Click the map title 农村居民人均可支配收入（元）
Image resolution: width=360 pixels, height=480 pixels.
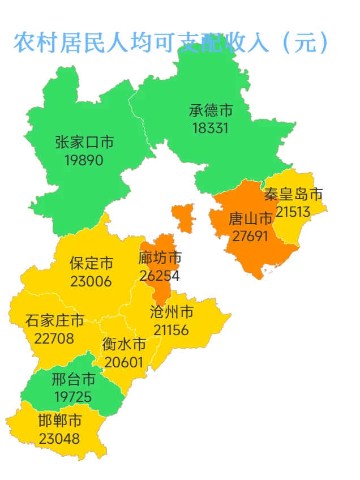tap(171, 42)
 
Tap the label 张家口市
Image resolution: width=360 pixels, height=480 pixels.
tap(84, 142)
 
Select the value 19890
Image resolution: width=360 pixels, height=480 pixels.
tap(84, 160)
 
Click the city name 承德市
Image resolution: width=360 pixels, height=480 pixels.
tap(211, 110)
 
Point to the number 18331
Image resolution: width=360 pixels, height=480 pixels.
tap(211, 128)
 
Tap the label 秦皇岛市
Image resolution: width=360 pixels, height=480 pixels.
tap(293, 195)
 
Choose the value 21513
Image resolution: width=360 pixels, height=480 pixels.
tap(293, 212)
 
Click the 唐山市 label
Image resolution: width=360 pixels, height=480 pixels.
tap(250, 218)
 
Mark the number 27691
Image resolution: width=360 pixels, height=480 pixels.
tap(250, 235)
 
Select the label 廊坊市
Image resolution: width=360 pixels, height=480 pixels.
tap(160, 258)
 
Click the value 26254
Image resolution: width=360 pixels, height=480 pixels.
tap(160, 276)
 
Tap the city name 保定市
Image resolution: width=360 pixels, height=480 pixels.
tap(91, 263)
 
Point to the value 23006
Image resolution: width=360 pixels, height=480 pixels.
tap(91, 281)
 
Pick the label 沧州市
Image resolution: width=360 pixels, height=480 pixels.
tap(172, 312)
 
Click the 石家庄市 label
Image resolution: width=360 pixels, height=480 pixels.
tap(54, 321)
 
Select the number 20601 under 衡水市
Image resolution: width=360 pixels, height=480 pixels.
tap(124, 362)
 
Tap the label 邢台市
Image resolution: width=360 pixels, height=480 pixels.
tap(73, 379)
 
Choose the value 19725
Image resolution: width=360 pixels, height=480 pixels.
tap(73, 397)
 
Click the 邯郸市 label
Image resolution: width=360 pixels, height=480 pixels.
tap(59, 421)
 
